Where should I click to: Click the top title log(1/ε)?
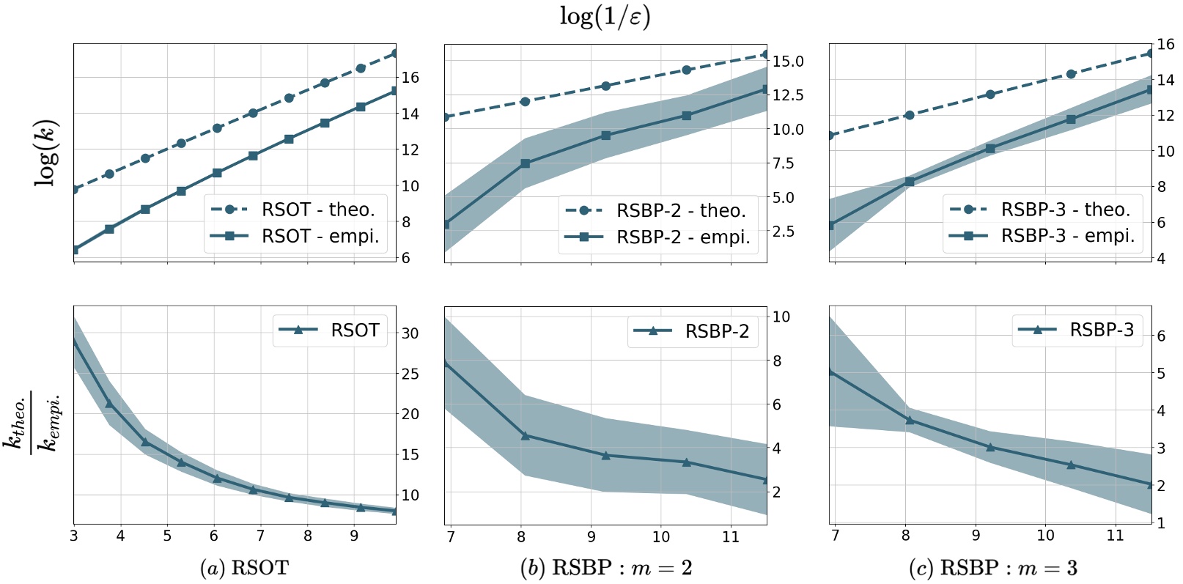coord(605,17)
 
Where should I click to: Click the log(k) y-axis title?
coord(46,152)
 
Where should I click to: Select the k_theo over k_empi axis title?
coord(33,423)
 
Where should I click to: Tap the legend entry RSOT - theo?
coord(317,210)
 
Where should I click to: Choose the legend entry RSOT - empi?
coord(320,236)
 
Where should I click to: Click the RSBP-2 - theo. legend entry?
coord(681,211)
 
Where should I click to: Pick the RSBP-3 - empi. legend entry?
coord(1067,236)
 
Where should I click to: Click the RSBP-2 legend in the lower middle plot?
coord(716,331)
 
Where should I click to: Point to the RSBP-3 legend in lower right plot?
coord(1101,330)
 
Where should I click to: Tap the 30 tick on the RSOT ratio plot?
coord(410,333)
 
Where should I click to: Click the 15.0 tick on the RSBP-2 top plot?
coord(788,62)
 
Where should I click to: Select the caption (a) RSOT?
coord(244,568)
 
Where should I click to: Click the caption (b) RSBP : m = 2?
coord(605,568)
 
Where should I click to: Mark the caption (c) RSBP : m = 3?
coord(992,568)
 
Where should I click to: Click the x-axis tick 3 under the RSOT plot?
coord(73,536)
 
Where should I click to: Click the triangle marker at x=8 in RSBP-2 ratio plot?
coord(525,436)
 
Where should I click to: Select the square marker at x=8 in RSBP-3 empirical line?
coord(910,182)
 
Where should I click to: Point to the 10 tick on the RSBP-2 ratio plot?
coord(781,317)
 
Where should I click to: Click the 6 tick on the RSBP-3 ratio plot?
coord(1160,336)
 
